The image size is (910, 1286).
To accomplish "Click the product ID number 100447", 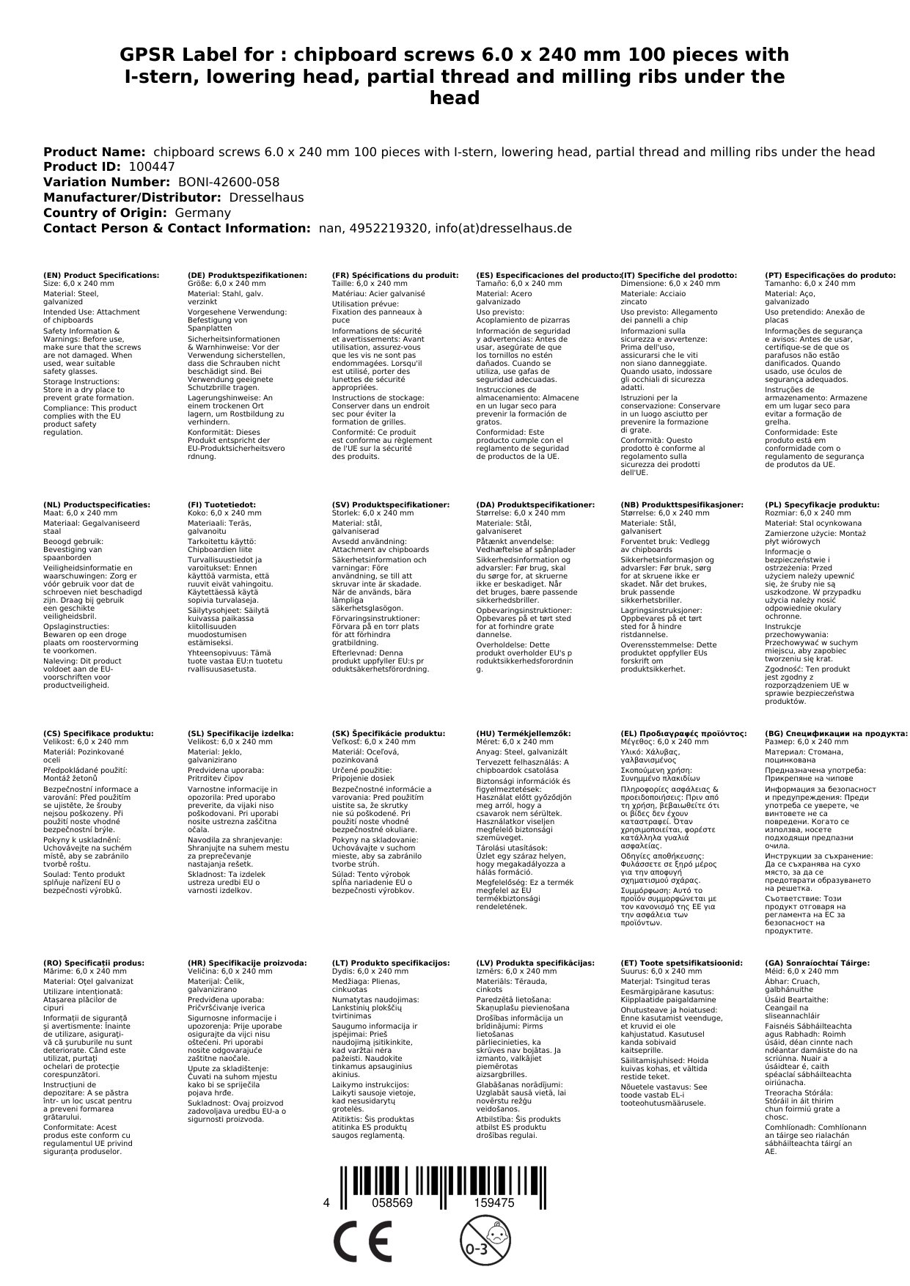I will (152, 167).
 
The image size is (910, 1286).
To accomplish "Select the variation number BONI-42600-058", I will (229, 183).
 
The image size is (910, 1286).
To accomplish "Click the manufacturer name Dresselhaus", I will (266, 198).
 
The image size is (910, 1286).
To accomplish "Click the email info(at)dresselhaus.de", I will (503, 229).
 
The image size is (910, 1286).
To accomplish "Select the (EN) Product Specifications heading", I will (101, 276).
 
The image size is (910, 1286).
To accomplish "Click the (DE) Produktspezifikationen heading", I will (247, 276).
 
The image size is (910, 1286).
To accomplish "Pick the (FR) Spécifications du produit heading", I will (395, 276).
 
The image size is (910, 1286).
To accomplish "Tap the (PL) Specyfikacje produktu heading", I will (822, 505).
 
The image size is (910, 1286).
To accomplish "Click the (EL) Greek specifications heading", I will (683, 734).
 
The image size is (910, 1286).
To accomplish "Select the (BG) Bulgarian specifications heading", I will (836, 734).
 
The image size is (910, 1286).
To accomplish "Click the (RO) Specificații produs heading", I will (94, 963).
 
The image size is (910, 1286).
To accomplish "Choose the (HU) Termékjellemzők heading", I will (523, 734).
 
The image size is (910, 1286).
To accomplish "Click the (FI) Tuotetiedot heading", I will (221, 505).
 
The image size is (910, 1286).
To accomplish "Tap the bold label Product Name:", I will (94, 152).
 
